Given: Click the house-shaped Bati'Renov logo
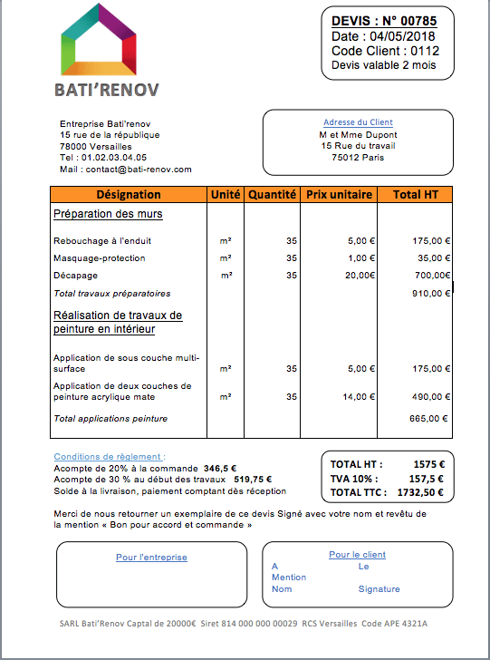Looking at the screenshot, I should (x=106, y=41).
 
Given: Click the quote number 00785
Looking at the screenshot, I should (x=419, y=21).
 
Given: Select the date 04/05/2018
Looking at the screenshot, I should (x=399, y=36).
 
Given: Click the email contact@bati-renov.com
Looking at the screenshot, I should (x=138, y=169).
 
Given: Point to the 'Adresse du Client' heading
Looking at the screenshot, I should (x=358, y=122).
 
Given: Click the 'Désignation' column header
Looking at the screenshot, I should (x=128, y=194).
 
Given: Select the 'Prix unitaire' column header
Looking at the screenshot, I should (x=339, y=194).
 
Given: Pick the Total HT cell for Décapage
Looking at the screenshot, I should (x=432, y=275).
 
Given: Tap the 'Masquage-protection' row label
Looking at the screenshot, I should (x=99, y=258).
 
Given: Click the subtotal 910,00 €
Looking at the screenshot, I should (x=430, y=293).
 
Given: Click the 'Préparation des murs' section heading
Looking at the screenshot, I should (x=108, y=214).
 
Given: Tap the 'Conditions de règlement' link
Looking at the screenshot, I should (x=110, y=456).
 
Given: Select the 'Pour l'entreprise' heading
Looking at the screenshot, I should (x=151, y=557).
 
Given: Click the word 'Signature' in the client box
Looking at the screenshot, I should (x=378, y=588).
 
